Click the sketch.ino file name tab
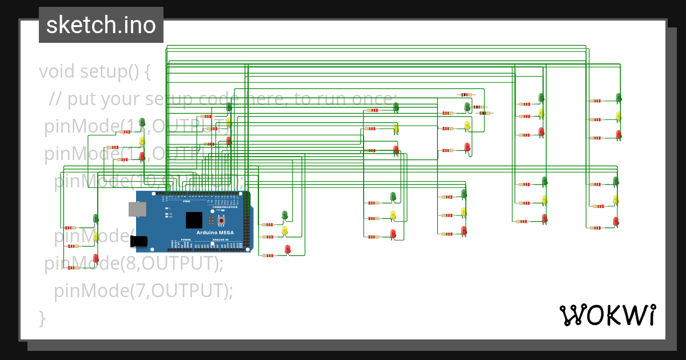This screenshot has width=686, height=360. (101, 25)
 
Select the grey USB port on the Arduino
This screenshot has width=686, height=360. (138, 209)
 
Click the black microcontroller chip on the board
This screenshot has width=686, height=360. (194, 220)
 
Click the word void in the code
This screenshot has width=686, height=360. (57, 72)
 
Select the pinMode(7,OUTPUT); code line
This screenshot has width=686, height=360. (143, 291)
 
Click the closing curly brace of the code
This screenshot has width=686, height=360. (42, 317)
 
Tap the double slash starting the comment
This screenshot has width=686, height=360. (55, 99)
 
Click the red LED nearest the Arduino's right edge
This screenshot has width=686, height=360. (288, 249)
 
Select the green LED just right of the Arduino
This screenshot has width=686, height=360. (285, 215)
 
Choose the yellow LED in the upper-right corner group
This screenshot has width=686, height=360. (619, 116)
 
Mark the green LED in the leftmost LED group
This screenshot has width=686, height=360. (95, 218)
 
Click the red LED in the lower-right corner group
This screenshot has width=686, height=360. (616, 221)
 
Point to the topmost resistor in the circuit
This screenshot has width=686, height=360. (466, 95)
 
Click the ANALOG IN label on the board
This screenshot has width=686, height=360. (219, 240)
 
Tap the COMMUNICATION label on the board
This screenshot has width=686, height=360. (225, 207)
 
